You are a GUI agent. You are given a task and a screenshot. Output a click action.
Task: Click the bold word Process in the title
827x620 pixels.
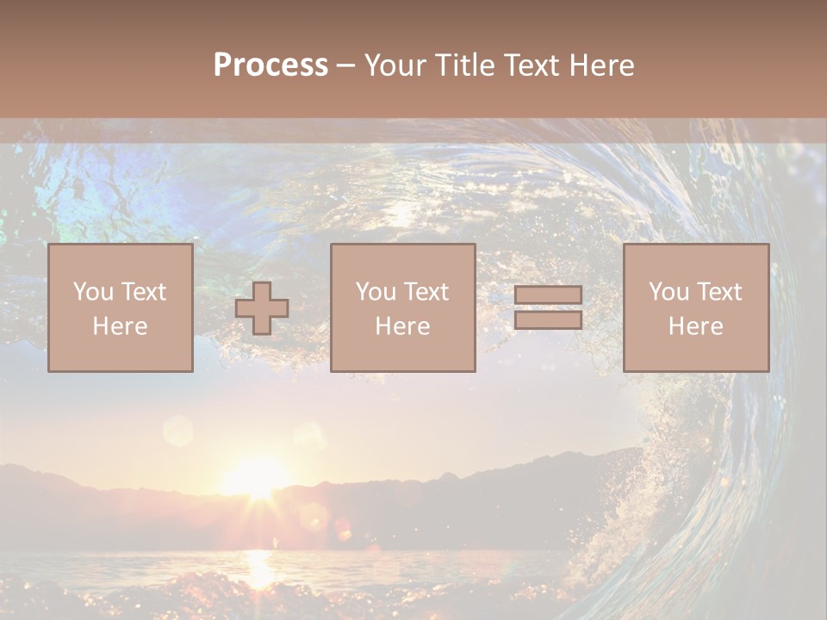[x=270, y=65]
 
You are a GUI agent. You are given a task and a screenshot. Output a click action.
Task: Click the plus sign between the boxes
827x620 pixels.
[x=262, y=308]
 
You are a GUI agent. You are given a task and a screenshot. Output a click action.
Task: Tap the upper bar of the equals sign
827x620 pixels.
[x=548, y=294]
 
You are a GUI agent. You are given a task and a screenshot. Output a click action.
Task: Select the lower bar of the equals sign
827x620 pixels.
[x=548, y=320]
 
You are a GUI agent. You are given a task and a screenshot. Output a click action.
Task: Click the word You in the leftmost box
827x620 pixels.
[x=93, y=292]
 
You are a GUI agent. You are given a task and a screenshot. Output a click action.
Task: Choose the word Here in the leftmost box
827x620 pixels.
[x=120, y=326]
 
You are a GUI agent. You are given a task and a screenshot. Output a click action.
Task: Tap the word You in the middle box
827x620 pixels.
[x=376, y=292]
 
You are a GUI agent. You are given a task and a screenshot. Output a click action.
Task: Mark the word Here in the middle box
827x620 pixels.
[x=402, y=326]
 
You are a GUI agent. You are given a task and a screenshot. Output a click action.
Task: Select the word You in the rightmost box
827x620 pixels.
[x=668, y=292]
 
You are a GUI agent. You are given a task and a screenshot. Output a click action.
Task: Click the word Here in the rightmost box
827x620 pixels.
[x=695, y=326]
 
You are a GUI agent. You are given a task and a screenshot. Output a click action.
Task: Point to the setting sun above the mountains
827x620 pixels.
[x=254, y=479]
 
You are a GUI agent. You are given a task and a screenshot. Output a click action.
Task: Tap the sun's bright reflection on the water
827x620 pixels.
[x=258, y=564]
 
